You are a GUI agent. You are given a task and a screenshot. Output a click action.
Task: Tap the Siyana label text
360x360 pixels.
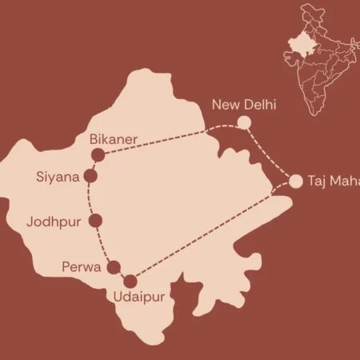point(58,176)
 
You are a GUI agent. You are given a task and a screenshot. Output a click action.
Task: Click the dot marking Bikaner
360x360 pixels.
point(98,155)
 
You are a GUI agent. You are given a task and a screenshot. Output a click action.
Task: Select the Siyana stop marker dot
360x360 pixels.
point(90,176)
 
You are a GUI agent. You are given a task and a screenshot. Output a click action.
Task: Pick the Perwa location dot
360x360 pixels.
point(114,268)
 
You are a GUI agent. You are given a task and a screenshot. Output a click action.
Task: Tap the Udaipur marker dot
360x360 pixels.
point(130,281)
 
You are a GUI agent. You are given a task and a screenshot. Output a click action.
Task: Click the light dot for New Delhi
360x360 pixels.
point(245,122)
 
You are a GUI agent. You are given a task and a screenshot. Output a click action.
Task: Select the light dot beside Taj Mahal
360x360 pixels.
point(296,181)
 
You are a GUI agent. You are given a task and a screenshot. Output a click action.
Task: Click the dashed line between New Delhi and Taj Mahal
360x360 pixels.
point(272,154)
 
